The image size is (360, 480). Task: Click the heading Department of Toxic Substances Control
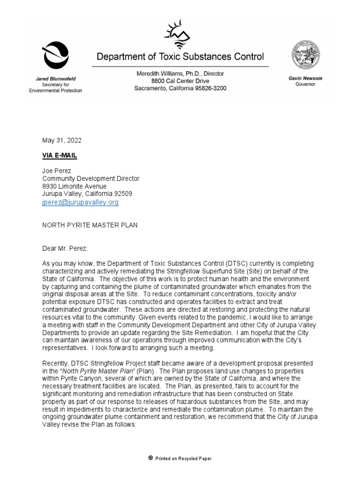pyautogui.click(x=180, y=57)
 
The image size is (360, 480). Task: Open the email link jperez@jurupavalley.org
pyautogui.click(x=80, y=202)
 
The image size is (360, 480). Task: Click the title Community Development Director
pyautogui.click(x=90, y=179)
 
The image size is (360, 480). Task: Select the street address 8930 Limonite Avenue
pyautogui.click(x=74, y=187)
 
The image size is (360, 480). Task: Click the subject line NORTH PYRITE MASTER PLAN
pyautogui.click(x=90, y=225)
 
